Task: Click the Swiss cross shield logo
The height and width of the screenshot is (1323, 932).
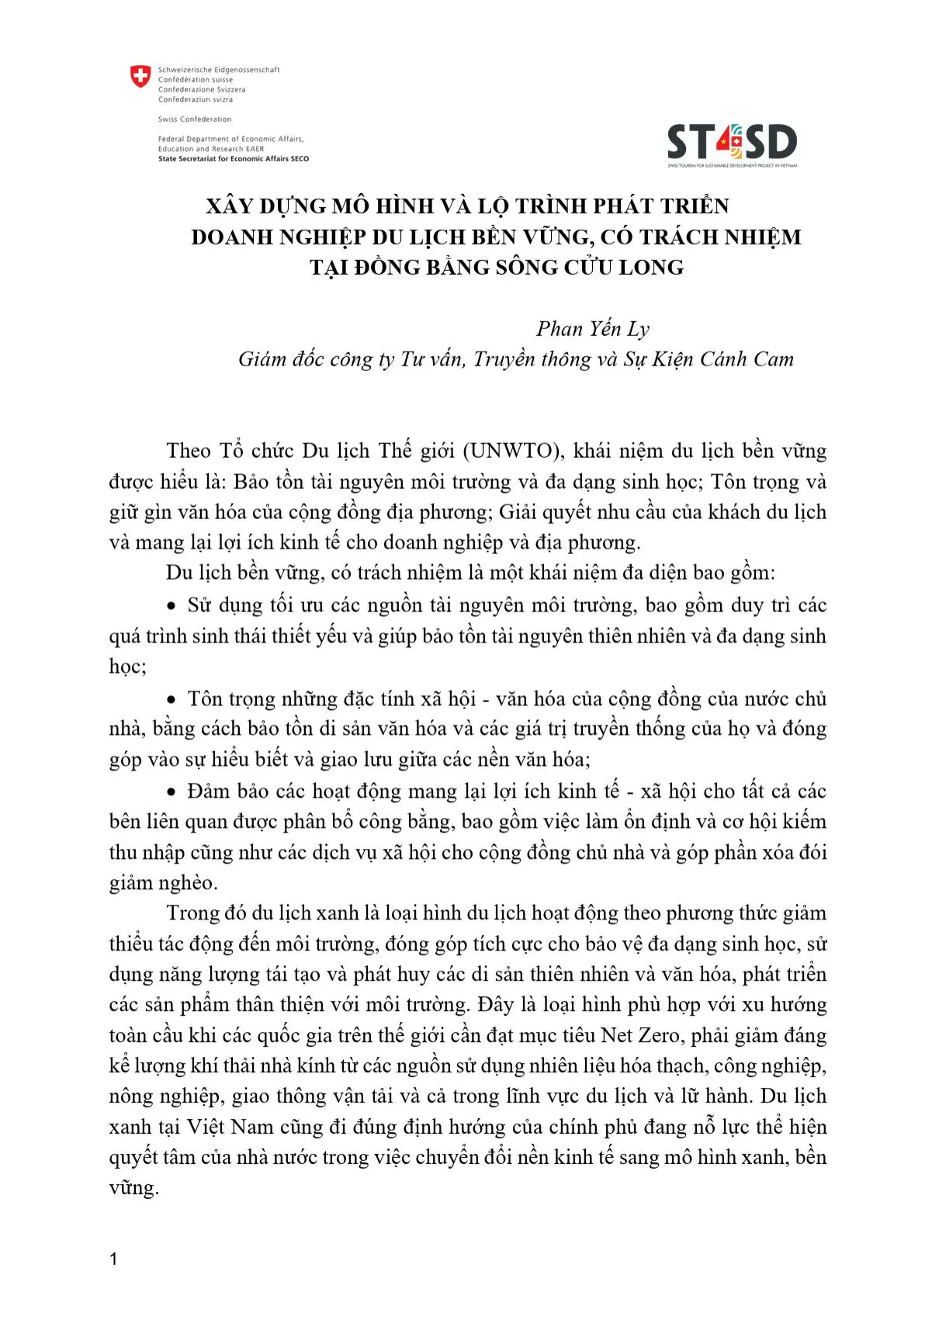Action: (x=140, y=76)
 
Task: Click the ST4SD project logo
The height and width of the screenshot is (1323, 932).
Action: (x=732, y=144)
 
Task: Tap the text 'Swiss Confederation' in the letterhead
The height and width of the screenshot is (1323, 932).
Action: (x=195, y=119)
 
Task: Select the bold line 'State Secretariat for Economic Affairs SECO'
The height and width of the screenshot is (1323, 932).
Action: (x=234, y=159)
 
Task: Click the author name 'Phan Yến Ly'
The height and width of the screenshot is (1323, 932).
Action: (x=593, y=329)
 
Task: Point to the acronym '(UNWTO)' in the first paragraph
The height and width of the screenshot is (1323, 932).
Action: (x=515, y=451)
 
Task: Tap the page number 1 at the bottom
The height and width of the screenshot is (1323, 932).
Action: (x=114, y=1259)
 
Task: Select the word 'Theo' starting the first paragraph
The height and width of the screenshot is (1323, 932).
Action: (x=189, y=451)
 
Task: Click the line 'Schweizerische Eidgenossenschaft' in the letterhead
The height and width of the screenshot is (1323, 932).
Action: (x=219, y=70)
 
